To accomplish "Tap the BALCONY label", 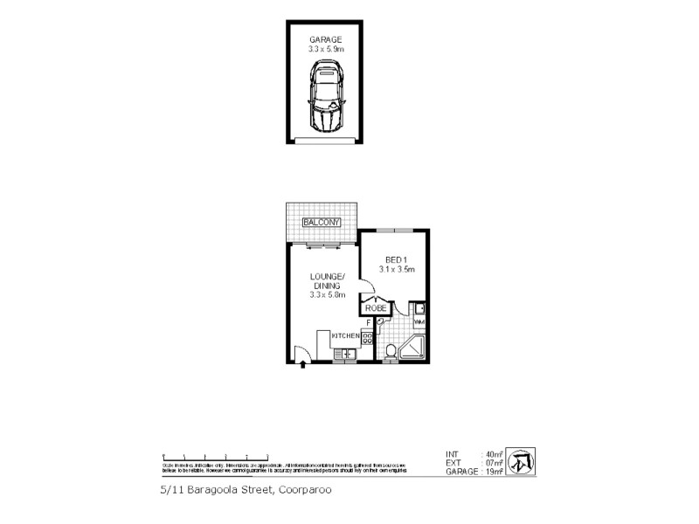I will point(321,223).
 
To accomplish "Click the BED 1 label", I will point(396,260).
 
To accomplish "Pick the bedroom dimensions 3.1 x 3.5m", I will point(396,270).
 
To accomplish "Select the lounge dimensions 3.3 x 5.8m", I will point(327,295).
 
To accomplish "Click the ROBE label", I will point(377,308).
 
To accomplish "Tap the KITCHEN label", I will point(346,336).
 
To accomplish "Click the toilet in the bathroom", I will point(391,352).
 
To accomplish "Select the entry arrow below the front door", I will point(302,364).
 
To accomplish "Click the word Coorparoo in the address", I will point(305,490).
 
